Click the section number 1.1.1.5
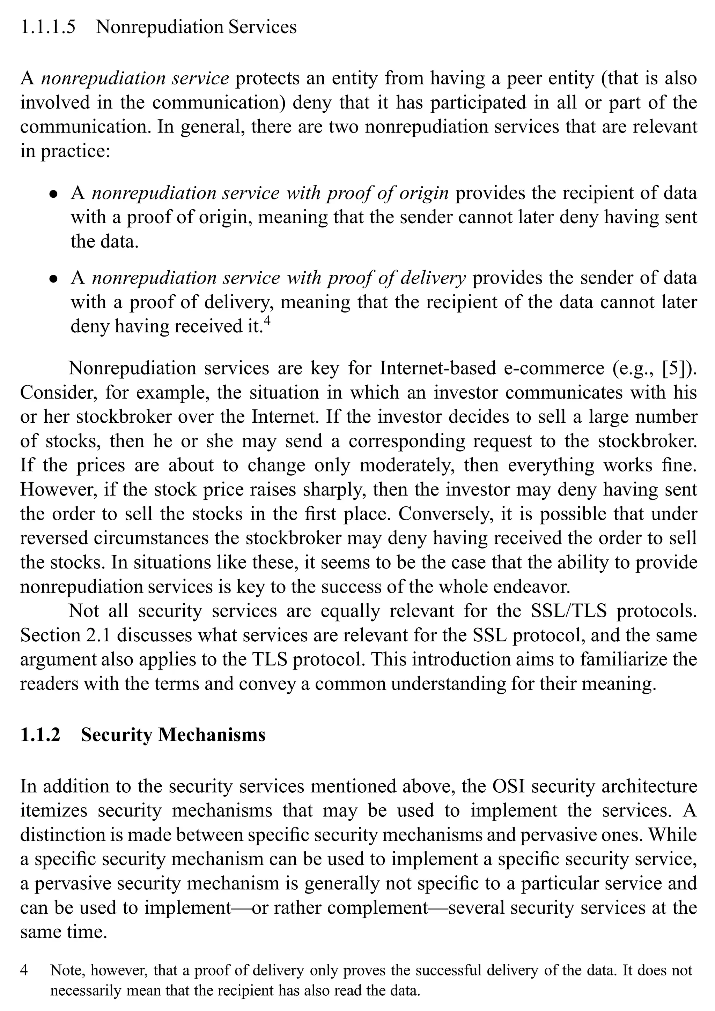[47, 27]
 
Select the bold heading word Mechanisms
[212, 734]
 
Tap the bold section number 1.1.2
[40, 734]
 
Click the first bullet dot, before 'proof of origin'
[53, 194]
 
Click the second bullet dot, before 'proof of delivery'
[53, 279]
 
